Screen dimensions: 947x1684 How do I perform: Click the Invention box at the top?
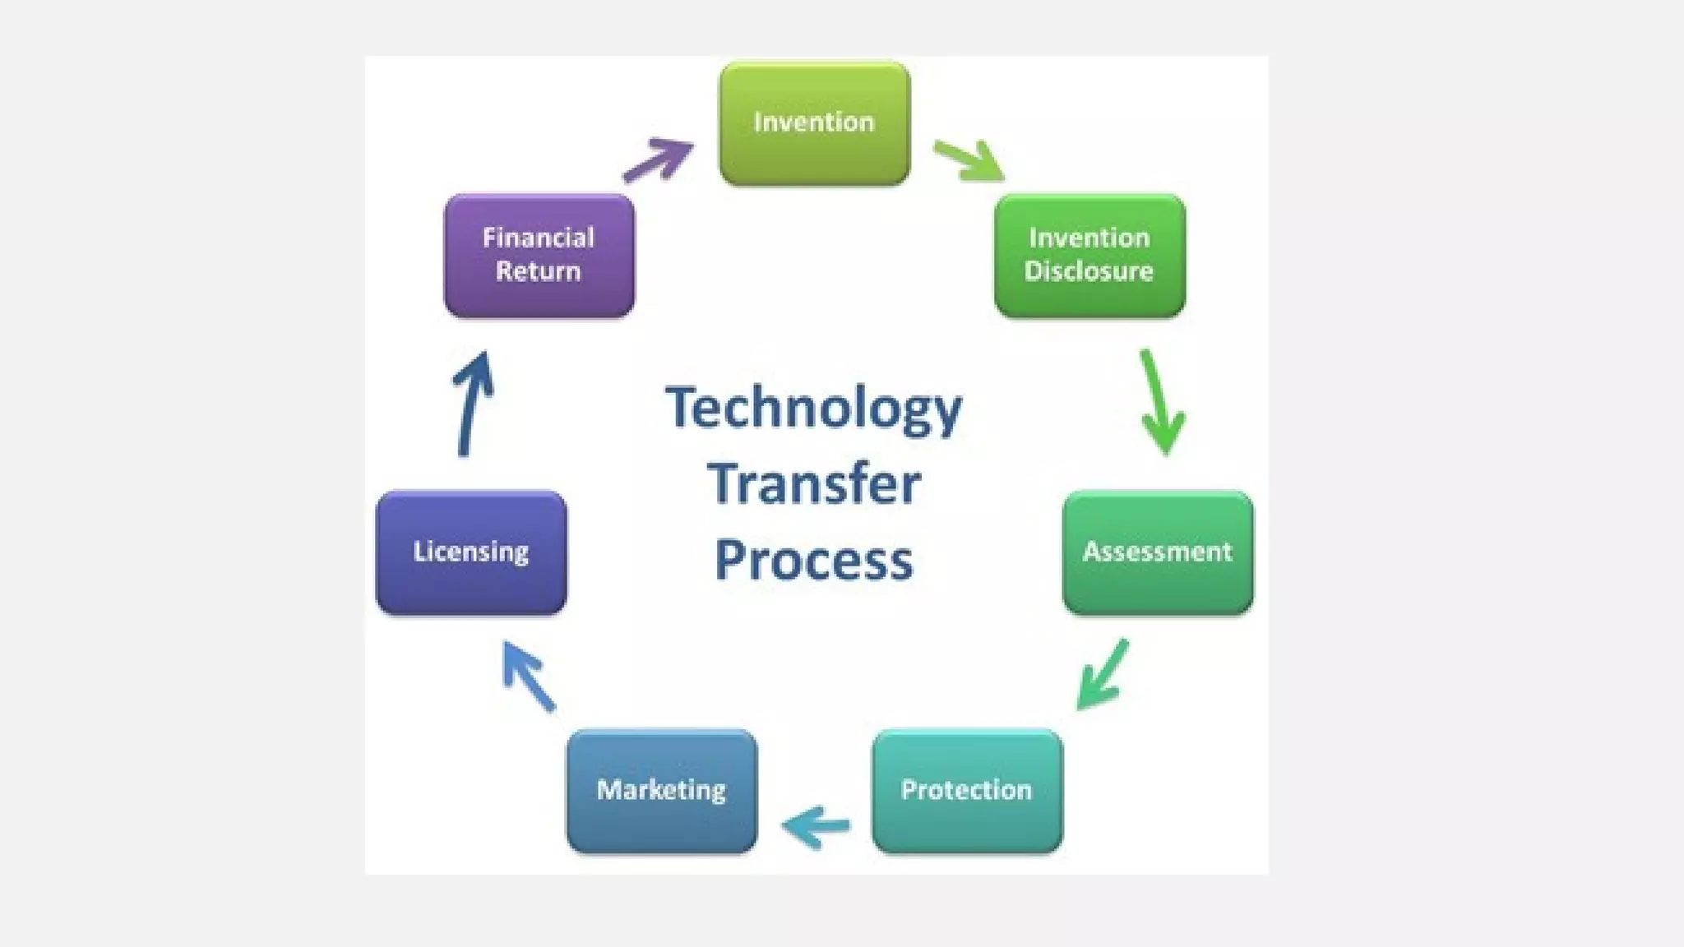point(814,123)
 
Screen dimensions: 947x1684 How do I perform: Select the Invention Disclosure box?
point(1090,256)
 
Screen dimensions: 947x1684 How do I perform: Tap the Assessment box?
point(1158,552)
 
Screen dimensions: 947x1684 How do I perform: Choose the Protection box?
point(967,791)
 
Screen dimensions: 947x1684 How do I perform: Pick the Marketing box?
point(662,791)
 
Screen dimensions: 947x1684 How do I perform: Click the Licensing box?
point(471,552)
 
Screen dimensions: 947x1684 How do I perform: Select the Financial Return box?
point(539,256)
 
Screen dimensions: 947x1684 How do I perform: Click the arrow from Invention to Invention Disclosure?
point(969,159)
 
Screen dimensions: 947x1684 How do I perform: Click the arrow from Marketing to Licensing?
point(528,676)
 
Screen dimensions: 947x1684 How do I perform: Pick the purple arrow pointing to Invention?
point(658,159)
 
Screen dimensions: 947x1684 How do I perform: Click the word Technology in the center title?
point(813,409)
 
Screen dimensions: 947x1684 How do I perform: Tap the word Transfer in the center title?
point(813,484)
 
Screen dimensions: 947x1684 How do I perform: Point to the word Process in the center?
point(813,561)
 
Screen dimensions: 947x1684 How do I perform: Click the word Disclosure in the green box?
point(1089,271)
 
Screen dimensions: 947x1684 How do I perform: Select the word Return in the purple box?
point(538,271)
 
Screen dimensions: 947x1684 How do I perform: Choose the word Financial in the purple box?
point(538,238)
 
